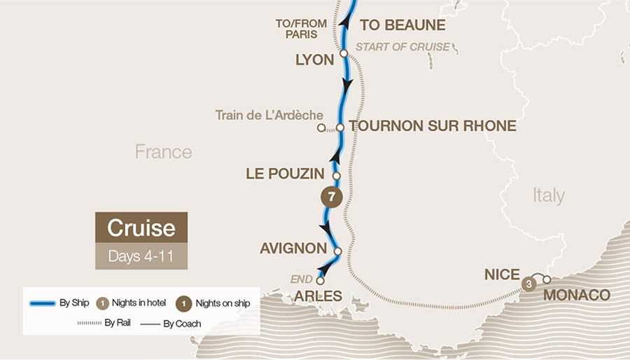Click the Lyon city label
[314, 60]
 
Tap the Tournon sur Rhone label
[433, 126]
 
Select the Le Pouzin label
[285, 173]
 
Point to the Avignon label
[293, 248]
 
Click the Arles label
[318, 296]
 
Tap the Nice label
[502, 275]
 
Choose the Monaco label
[576, 295]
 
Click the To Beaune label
[402, 25]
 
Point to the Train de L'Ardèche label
[269, 115]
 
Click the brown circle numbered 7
[332, 197]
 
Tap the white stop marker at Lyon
[344, 53]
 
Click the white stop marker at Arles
[321, 282]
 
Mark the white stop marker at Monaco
[547, 280]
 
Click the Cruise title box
[141, 228]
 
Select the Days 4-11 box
[141, 256]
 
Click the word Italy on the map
[548, 195]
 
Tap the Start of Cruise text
[402, 48]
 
